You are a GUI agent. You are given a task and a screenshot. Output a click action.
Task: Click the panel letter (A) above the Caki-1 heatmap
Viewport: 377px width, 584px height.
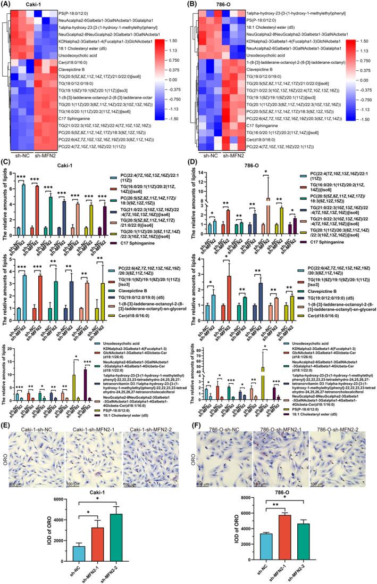click(x=7, y=4)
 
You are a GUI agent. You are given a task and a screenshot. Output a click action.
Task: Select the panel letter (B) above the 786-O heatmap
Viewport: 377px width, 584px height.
click(x=194, y=4)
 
